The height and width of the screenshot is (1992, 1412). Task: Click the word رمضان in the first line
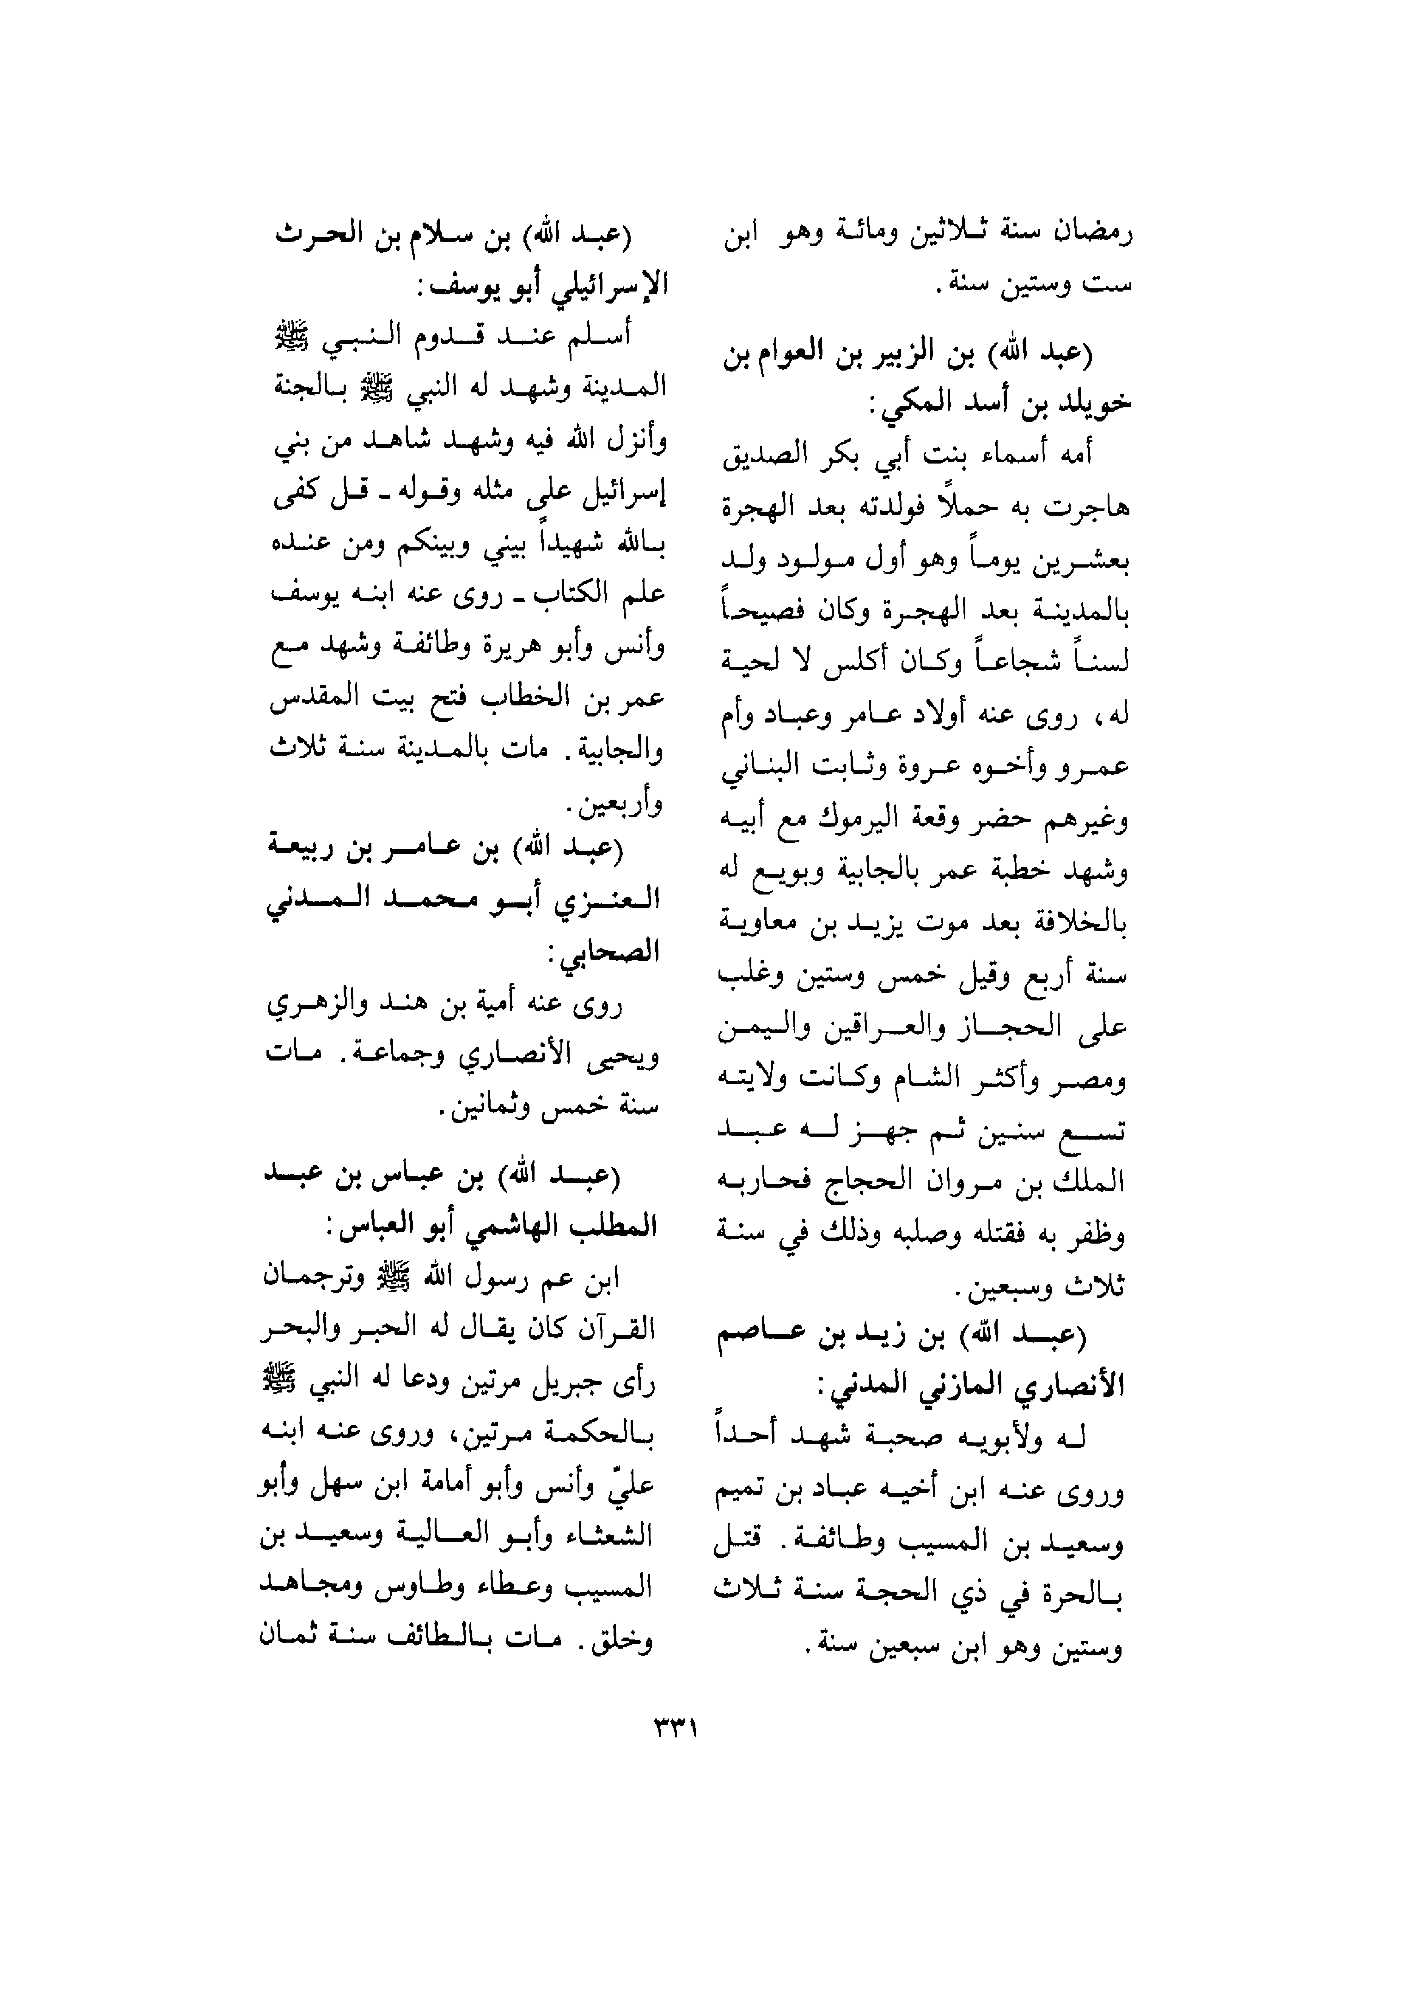(x=1093, y=235)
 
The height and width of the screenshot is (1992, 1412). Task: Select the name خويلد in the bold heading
(x=1094, y=403)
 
